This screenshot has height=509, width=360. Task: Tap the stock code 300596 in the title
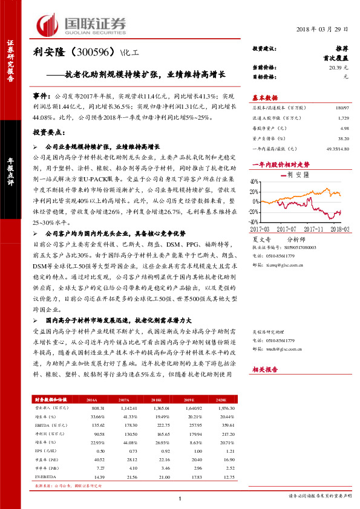[x=90, y=53]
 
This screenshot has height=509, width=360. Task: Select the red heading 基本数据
[x=264, y=97]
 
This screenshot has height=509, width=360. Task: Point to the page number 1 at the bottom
[x=180, y=498]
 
